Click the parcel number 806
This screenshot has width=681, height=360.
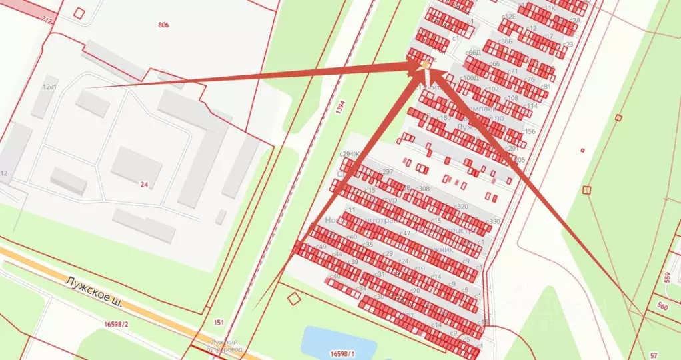(163, 25)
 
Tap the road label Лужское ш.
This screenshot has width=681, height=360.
(94, 291)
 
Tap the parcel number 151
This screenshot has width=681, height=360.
(218, 322)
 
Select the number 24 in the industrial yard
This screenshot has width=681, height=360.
(144, 184)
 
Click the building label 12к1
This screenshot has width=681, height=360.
(49, 87)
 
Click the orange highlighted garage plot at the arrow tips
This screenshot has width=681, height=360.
(425, 65)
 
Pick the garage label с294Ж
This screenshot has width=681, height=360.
(350, 155)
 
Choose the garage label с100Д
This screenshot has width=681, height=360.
(469, 78)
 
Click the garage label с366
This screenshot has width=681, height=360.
(506, 41)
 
